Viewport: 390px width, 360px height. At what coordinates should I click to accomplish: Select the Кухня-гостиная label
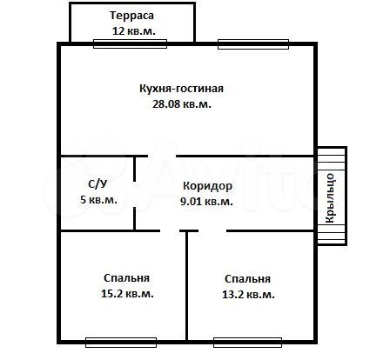[x=182, y=88]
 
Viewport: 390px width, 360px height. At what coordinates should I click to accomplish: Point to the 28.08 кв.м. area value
[x=182, y=103]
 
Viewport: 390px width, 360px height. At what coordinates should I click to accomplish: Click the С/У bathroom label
[x=98, y=184]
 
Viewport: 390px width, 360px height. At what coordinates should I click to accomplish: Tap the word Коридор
[x=206, y=186]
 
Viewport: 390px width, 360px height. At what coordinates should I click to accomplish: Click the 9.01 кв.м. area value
[x=206, y=201]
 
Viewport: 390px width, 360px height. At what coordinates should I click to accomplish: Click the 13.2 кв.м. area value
[x=247, y=295]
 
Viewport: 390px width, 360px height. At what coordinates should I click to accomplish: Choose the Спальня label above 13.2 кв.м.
[x=247, y=279]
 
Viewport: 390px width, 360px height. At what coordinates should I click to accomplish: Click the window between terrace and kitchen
[x=112, y=43]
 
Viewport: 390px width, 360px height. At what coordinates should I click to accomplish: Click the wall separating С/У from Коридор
[x=134, y=193]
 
